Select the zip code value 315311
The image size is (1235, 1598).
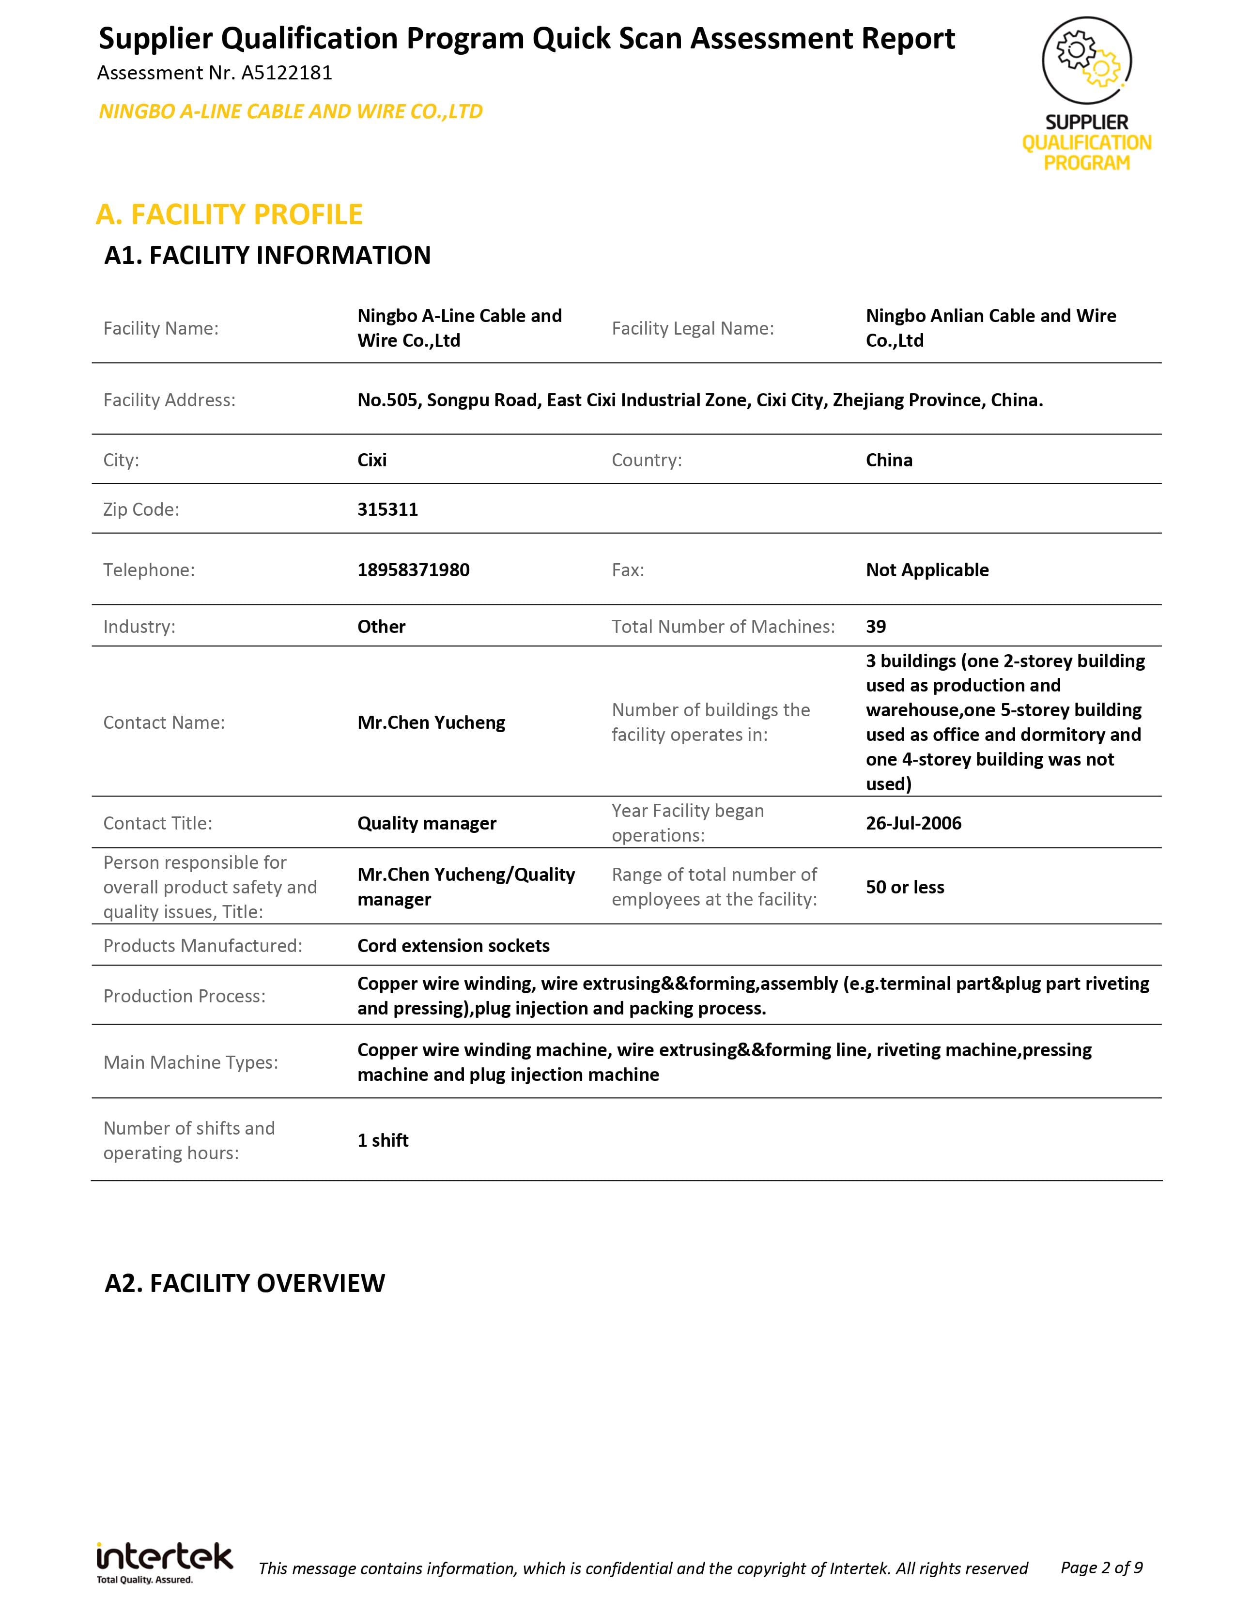point(388,509)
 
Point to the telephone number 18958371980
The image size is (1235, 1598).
point(414,570)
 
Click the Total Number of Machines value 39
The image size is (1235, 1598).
point(876,626)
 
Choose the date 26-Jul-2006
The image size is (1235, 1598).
point(913,823)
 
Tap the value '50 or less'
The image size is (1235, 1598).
point(905,887)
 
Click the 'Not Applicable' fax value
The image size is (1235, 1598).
point(927,570)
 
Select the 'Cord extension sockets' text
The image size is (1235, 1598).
point(453,945)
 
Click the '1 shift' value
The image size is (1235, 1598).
point(383,1140)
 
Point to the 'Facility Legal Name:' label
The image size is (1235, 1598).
point(692,328)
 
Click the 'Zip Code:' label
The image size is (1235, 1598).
point(141,509)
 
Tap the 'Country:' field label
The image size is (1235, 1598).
point(646,460)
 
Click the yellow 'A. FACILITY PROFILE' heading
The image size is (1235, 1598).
point(229,215)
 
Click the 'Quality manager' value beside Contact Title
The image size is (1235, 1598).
point(427,823)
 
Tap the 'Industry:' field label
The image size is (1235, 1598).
point(139,626)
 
